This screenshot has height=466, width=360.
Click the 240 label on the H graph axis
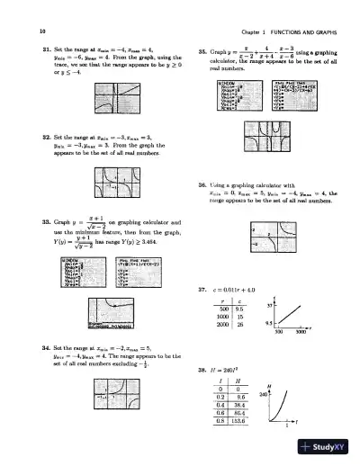click(276, 393)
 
